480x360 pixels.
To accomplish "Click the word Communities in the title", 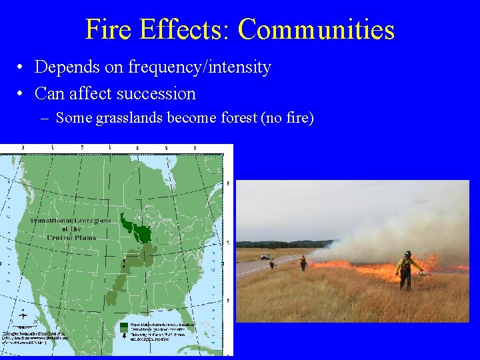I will pyautogui.click(x=316, y=30).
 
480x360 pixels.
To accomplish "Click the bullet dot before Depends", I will pyautogui.click(x=22, y=68).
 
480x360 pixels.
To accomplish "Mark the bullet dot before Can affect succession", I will pyautogui.click(x=22, y=94).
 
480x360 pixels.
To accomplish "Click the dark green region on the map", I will pyautogui.click(x=141, y=230).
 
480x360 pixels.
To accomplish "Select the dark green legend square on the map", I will pyautogui.click(x=125, y=327).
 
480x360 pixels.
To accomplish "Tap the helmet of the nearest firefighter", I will pyautogui.click(x=407, y=253).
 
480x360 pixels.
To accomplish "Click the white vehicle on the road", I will pyautogui.click(x=265, y=257).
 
